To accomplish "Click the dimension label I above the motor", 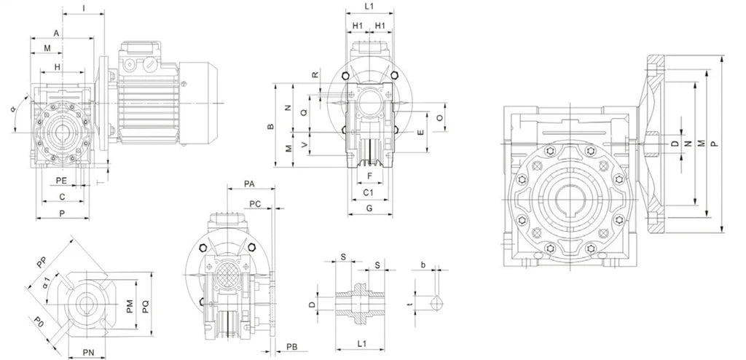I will click(84, 8).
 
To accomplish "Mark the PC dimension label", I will click(255, 203).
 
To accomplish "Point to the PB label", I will click(291, 345).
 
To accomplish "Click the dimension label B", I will click(271, 127).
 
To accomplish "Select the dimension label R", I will click(315, 75).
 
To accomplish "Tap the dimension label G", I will click(369, 208).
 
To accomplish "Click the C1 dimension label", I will click(369, 192).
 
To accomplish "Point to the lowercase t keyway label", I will click(410, 305).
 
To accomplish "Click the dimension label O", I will click(439, 117).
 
